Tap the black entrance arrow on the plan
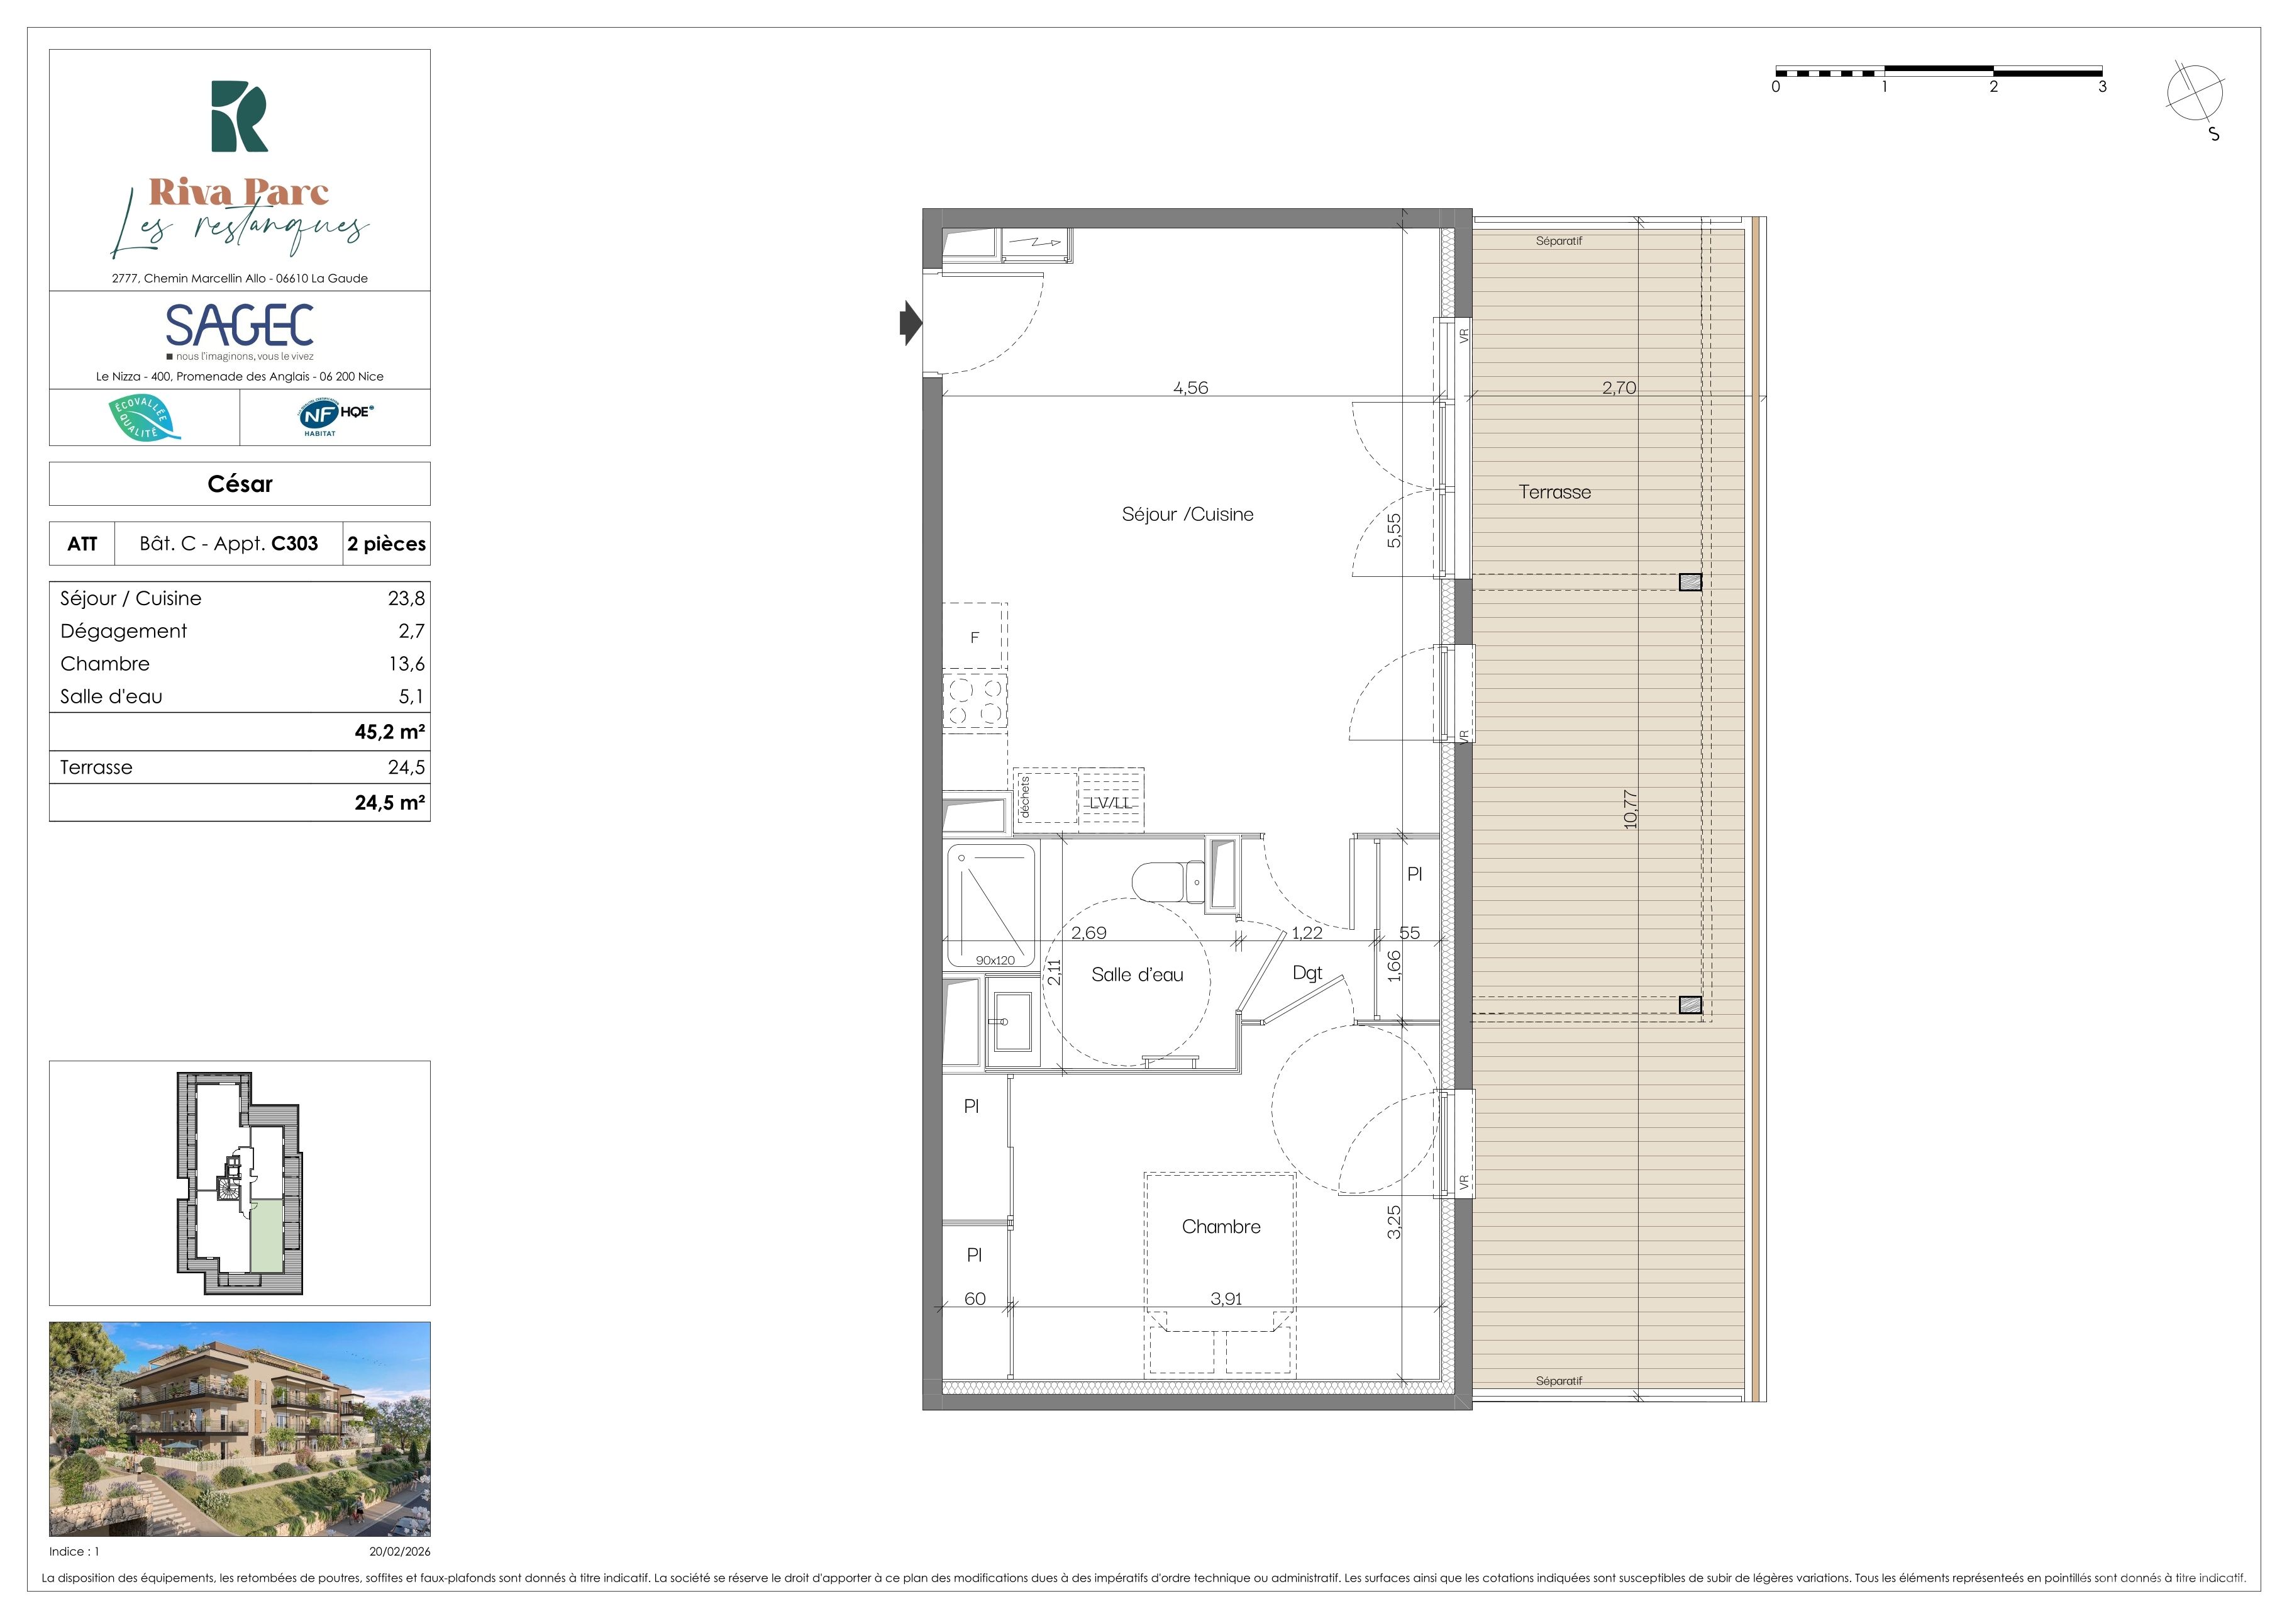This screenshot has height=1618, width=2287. tap(911, 323)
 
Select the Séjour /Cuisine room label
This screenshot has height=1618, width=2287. tap(1187, 514)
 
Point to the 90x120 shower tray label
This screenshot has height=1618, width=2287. tap(995, 961)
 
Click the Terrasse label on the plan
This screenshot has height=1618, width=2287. tap(1555, 492)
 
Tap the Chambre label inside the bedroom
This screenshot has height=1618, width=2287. tap(1221, 1227)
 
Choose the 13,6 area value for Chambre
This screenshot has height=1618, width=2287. tap(406, 664)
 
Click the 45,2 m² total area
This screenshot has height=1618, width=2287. tap(389, 731)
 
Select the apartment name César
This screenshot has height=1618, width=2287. tap(240, 484)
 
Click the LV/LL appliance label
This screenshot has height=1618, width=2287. tap(1110, 802)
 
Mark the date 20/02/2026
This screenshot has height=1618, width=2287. tap(399, 1551)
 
